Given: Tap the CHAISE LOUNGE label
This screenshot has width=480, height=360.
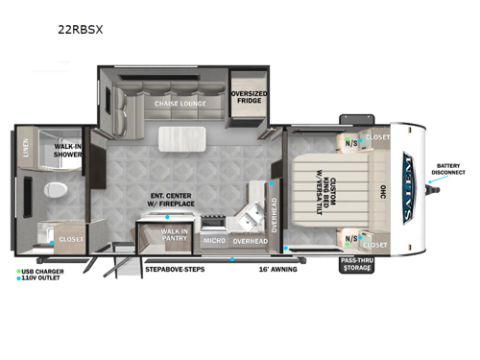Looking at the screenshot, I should tap(180, 103).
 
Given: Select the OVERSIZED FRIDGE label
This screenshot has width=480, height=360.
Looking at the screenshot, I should tap(249, 99).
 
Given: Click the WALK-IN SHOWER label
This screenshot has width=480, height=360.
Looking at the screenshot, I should tap(66, 150).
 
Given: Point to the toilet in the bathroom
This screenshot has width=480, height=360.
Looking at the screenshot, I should tap(56, 190).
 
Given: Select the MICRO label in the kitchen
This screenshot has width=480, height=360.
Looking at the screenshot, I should tap(213, 241).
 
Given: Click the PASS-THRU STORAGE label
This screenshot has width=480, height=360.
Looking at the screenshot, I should tap(357, 264).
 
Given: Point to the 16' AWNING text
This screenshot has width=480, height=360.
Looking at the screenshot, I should tap(277, 270).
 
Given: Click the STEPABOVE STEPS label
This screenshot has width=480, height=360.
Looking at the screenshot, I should tap(175, 270).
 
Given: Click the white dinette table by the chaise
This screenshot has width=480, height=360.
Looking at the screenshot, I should tap(179, 136).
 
